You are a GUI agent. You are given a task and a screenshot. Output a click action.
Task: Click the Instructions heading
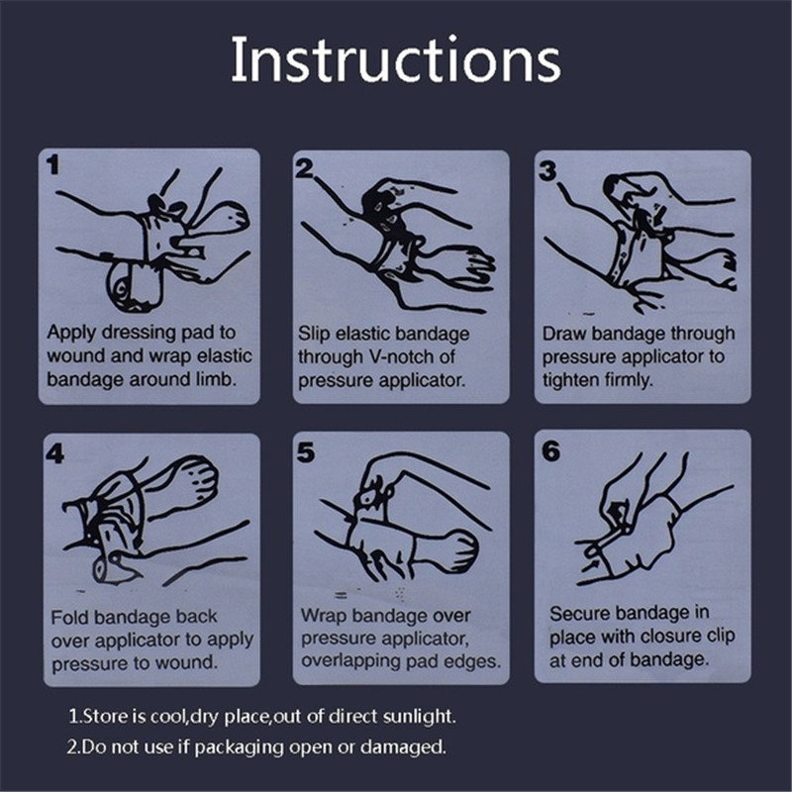(395, 59)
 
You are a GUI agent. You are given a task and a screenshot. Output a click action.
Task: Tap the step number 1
(52, 164)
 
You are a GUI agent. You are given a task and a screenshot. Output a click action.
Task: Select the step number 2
(304, 168)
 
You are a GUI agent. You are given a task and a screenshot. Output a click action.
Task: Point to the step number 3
(547, 170)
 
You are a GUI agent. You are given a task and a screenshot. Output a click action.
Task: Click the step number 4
(55, 453)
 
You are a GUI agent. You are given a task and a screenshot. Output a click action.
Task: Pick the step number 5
(306, 452)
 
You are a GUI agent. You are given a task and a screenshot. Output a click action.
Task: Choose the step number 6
(551, 450)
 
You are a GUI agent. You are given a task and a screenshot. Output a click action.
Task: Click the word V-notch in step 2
(403, 356)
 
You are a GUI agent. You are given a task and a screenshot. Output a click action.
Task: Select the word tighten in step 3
(571, 380)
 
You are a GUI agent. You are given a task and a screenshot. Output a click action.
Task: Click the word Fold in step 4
(69, 617)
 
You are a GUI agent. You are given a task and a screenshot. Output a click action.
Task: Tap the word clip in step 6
(721, 636)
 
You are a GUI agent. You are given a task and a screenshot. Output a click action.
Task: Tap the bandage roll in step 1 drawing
(133, 286)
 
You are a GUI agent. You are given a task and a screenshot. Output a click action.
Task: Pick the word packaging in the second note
(239, 747)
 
